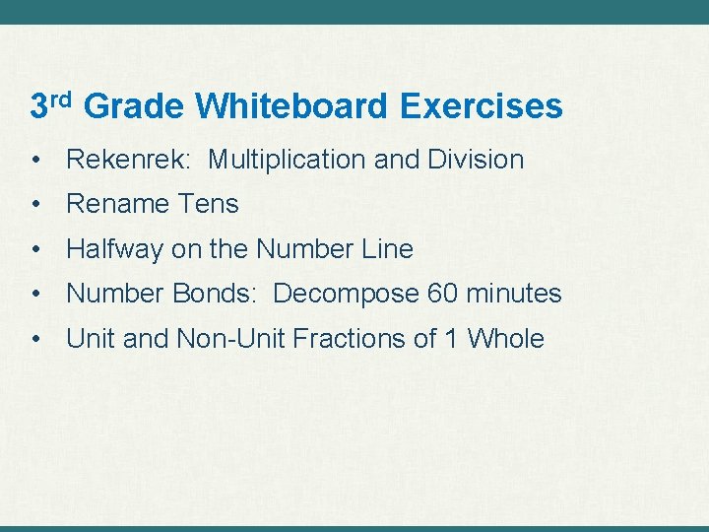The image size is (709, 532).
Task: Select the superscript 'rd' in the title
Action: [x=61, y=98]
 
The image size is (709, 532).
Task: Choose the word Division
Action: [x=476, y=160]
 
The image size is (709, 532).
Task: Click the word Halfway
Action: [x=114, y=249]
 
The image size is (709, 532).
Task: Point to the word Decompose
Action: [x=346, y=294]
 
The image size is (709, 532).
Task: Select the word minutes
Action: [x=514, y=294]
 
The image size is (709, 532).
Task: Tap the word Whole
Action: [x=505, y=339]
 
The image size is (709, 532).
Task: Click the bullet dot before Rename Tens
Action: [x=35, y=205]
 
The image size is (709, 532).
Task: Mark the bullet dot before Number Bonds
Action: [x=35, y=295]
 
